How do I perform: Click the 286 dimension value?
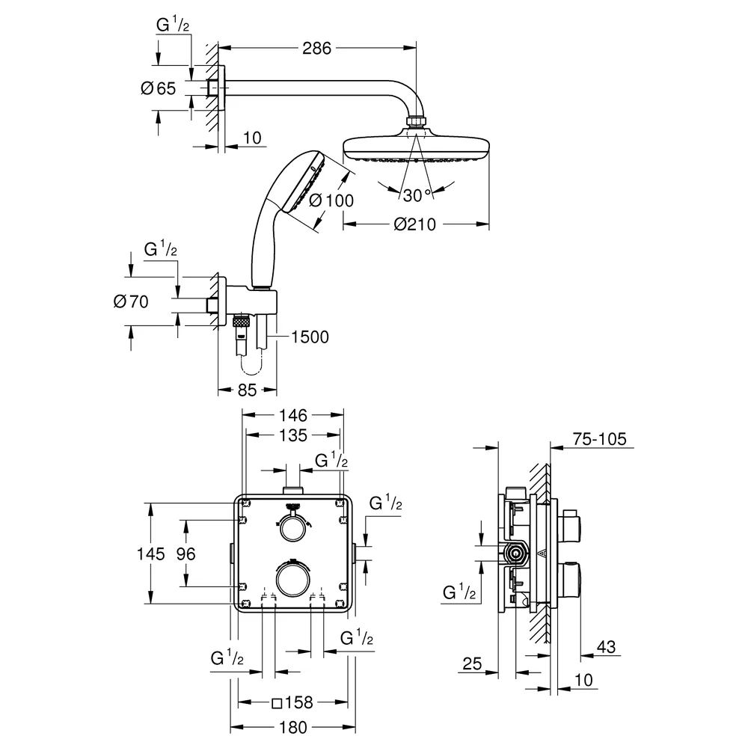coord(316,48)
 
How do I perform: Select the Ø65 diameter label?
coord(159,88)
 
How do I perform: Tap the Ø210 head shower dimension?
coord(414,224)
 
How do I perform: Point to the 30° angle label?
coord(417,195)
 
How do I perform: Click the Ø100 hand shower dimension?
coord(331,200)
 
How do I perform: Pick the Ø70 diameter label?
coord(131,301)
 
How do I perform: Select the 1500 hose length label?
coord(310,337)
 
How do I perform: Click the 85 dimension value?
coord(247,390)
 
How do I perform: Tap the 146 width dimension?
coord(293,415)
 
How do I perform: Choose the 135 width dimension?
coord(293,435)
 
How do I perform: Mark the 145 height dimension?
coord(151,554)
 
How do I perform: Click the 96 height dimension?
coord(186,554)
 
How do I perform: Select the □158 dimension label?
coord(292,702)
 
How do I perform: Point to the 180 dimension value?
coord(293,728)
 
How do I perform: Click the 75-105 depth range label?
coord(600,439)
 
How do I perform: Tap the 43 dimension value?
coord(607,647)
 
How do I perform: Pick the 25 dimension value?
coord(472,663)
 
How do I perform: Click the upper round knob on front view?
coord(292,527)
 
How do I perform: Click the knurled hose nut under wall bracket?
coord(242,322)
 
